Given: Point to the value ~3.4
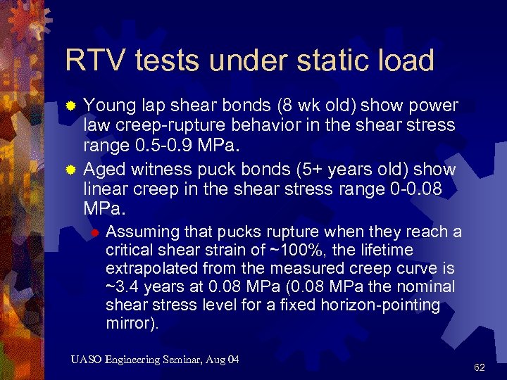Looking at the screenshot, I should (x=123, y=287).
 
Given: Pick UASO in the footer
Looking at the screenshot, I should (x=86, y=360).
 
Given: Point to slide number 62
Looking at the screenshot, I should (x=480, y=367).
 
